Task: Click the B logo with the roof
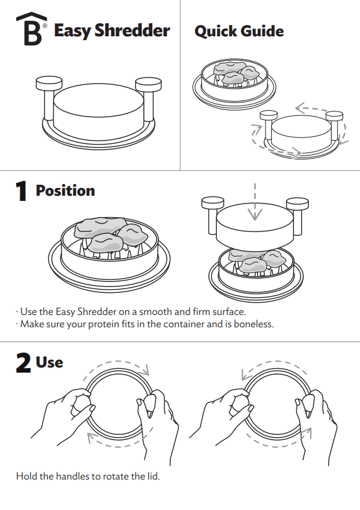32,29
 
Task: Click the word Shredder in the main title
132,30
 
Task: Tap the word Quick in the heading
216,31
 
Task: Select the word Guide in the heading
262,31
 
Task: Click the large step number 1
21,191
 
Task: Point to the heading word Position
65,191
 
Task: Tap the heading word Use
49,362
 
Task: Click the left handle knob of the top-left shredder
49,83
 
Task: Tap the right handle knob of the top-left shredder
148,84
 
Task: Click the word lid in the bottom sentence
153,476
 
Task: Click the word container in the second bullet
184,324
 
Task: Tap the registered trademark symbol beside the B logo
45,25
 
